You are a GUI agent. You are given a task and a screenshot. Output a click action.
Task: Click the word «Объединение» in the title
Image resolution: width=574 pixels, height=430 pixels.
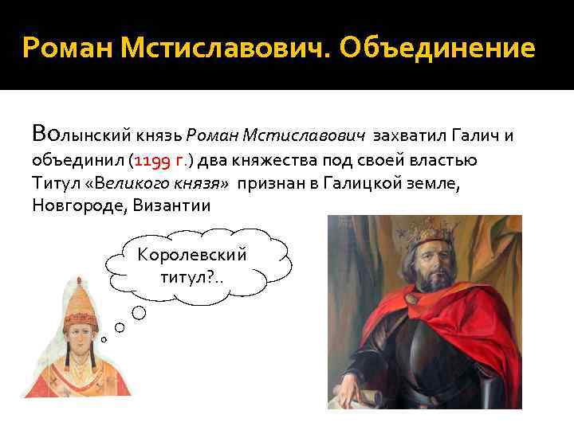point(437,49)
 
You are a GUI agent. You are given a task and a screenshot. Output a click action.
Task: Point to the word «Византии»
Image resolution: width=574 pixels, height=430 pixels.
point(172,205)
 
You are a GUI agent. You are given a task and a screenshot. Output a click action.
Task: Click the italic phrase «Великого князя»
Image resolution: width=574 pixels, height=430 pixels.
point(162,182)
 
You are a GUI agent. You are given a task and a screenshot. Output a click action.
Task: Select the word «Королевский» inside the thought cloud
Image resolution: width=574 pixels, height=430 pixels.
point(192,255)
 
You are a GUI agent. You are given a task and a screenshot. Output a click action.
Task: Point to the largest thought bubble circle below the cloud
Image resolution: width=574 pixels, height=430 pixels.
point(139,312)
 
